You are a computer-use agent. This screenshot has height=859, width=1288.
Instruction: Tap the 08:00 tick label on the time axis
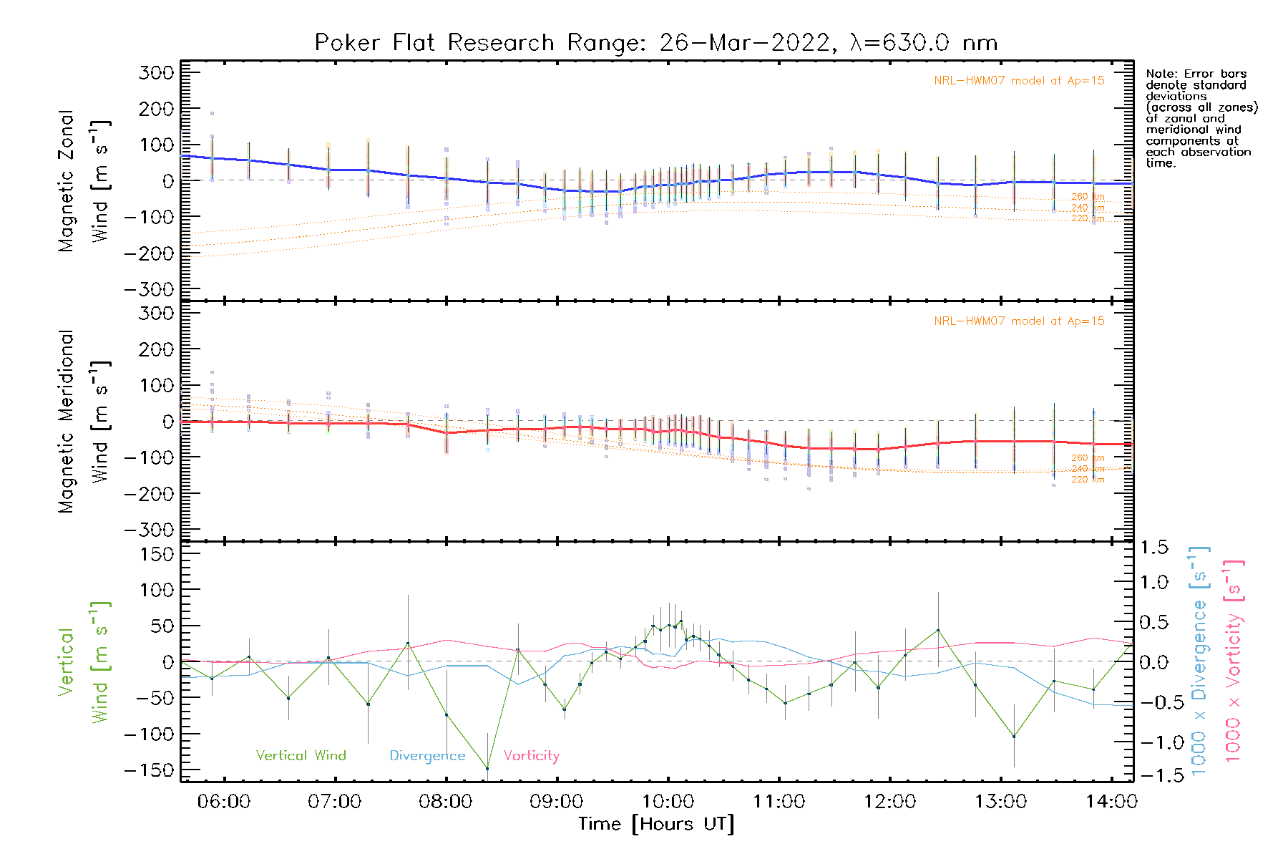[445, 802]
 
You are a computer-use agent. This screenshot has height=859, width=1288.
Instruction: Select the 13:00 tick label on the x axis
[1000, 802]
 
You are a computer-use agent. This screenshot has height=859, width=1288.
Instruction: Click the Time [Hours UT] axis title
[656, 824]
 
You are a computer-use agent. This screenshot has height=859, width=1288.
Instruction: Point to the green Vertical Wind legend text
[301, 755]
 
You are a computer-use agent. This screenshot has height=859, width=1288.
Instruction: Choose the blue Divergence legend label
[427, 755]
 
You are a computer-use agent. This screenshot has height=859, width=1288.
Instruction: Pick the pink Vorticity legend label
[531, 755]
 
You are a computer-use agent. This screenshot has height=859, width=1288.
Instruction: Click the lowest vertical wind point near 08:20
[487, 769]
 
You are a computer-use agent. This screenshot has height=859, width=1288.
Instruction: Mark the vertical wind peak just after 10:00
[680, 621]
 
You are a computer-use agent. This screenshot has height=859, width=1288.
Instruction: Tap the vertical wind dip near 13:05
[1014, 737]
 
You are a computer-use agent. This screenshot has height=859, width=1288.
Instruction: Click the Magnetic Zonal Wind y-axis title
[84, 180]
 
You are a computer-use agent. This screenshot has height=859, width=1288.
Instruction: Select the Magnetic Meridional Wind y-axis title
[84, 422]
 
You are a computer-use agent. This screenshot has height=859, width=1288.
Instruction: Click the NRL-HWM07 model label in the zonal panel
[1019, 81]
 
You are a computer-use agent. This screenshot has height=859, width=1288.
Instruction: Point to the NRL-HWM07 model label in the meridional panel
[1019, 321]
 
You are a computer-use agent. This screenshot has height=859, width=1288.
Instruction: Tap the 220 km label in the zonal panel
[1088, 218]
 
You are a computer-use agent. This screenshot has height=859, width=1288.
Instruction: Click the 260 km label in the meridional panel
[1088, 457]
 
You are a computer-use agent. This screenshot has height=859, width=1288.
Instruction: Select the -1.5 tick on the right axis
[1153, 775]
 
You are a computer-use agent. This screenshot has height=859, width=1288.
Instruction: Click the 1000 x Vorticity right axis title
[1233, 661]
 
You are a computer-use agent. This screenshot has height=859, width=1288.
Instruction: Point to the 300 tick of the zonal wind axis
[156, 72]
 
